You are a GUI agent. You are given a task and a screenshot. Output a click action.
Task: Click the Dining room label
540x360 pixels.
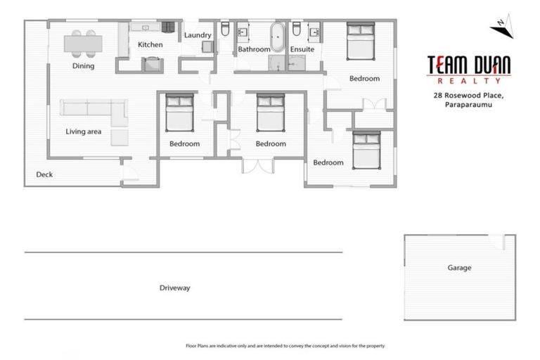pyautogui.click(x=83, y=66)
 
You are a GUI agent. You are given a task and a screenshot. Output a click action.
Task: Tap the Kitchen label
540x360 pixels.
pyautogui.click(x=150, y=45)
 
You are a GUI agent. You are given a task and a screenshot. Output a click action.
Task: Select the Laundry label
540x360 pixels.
pyautogui.click(x=198, y=35)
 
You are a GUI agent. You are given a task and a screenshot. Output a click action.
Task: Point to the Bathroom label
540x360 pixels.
pyautogui.click(x=253, y=50)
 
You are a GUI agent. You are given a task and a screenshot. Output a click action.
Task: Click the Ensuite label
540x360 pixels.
pyautogui.click(x=302, y=50)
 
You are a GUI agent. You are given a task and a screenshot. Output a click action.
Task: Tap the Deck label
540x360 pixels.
pyautogui.click(x=44, y=175)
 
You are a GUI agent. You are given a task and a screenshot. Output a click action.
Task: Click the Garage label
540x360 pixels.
pyautogui.click(x=459, y=268)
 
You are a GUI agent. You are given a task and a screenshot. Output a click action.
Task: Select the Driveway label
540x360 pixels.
pyautogui.click(x=174, y=288)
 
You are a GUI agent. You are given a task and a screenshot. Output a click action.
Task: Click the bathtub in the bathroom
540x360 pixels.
pyautogui.click(x=278, y=37)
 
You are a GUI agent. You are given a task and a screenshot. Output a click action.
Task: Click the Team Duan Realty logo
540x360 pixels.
pyautogui.click(x=469, y=69)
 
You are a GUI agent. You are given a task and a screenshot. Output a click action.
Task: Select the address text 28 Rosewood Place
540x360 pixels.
pyautogui.click(x=469, y=95)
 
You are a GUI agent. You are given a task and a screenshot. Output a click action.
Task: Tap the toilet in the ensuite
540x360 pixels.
pyautogui.click(x=297, y=30)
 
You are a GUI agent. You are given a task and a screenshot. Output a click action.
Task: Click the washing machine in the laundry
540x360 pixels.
pyautogui.click(x=207, y=47)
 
